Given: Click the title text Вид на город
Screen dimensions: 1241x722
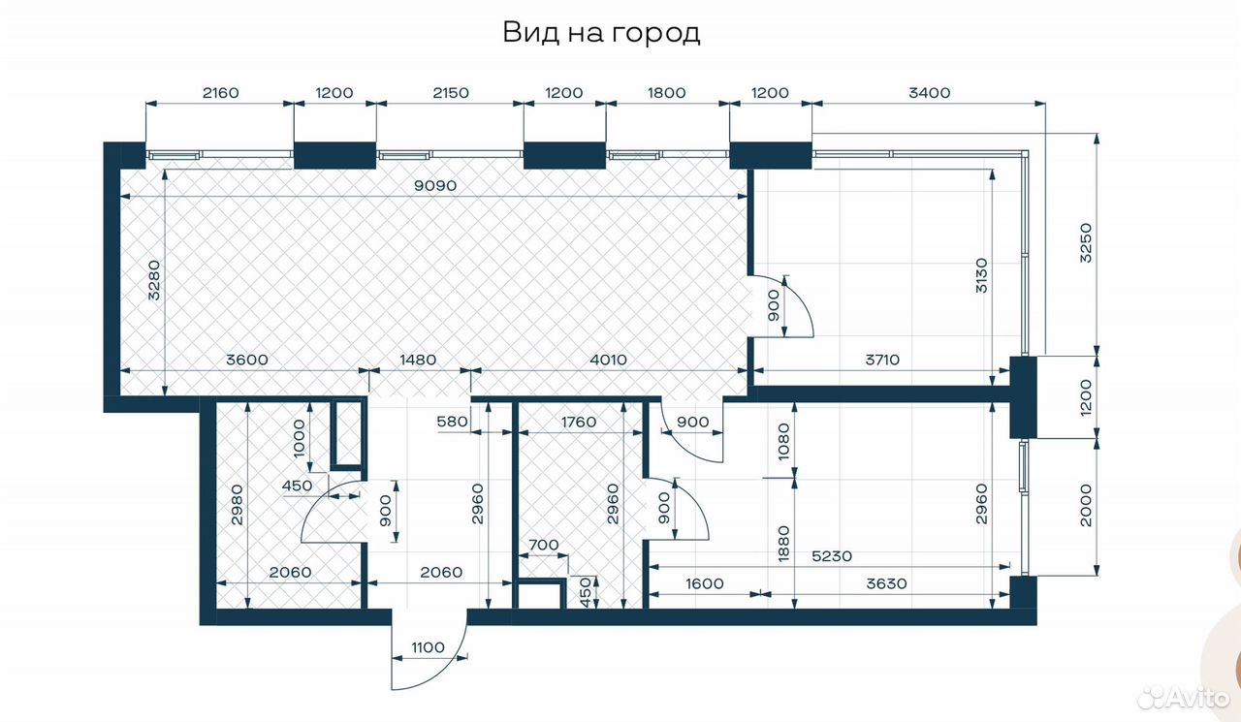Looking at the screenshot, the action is point(601,33).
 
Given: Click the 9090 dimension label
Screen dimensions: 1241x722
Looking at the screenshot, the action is point(435,185).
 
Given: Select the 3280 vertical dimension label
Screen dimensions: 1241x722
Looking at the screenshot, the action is point(154,280).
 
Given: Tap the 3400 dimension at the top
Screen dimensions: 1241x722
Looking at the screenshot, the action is point(929,92).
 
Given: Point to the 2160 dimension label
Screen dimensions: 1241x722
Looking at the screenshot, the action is point(220,92).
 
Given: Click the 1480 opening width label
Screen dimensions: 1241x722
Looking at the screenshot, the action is point(418,360).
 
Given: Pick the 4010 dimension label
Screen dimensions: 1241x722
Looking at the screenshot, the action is point(608,360).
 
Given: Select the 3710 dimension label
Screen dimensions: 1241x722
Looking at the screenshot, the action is point(882,360).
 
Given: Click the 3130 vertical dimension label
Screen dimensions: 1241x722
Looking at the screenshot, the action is point(981,275).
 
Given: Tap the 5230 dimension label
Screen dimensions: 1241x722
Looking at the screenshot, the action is point(832,556).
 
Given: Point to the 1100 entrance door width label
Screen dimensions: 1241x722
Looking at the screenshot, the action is point(428,647).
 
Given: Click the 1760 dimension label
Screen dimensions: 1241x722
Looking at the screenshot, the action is point(579,423).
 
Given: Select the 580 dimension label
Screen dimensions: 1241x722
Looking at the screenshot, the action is point(452,422).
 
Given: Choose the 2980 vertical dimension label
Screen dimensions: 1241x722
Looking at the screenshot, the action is point(238,505).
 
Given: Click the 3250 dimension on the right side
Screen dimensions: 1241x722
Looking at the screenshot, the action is point(1086,243).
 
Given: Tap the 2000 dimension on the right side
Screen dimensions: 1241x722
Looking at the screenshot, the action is point(1086,505).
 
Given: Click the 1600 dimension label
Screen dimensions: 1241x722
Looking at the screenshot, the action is point(704,583).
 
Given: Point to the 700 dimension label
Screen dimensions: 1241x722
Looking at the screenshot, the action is point(544,545).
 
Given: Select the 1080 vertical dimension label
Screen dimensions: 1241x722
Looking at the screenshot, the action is point(783,441).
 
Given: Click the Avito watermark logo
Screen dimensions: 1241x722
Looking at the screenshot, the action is point(1184,698).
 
